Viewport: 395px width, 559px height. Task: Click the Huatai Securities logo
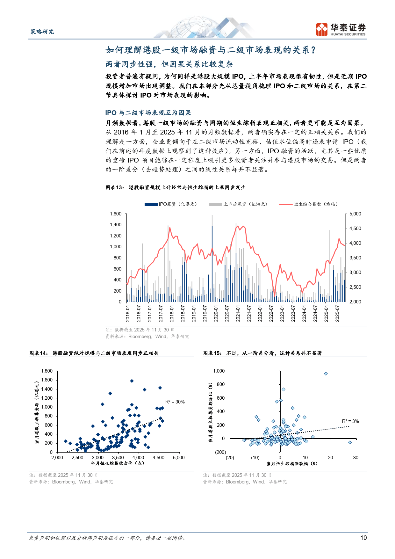[341, 29]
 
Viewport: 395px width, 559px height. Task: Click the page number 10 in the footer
[363, 538]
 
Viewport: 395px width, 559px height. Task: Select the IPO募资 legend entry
[171, 204]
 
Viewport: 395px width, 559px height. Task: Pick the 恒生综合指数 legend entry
[308, 204]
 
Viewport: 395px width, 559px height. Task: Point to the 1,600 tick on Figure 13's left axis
[116, 214]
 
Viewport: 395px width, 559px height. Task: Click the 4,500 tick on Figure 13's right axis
[355, 229]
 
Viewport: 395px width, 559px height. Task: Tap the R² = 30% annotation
[175, 402]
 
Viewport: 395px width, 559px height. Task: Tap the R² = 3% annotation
[350, 421]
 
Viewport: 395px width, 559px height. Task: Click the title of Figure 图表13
[176, 187]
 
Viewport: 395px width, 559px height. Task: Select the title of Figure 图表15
[262, 353]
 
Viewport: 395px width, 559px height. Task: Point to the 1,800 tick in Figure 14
[47, 371]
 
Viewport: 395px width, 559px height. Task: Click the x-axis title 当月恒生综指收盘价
[118, 463]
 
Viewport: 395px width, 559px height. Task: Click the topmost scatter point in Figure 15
[326, 374]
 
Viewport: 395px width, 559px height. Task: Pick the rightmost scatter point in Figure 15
[350, 442]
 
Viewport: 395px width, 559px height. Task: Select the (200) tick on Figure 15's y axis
[220, 452]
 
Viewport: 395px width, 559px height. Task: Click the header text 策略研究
[42, 32]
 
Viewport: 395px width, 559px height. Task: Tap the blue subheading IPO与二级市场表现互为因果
[148, 113]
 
